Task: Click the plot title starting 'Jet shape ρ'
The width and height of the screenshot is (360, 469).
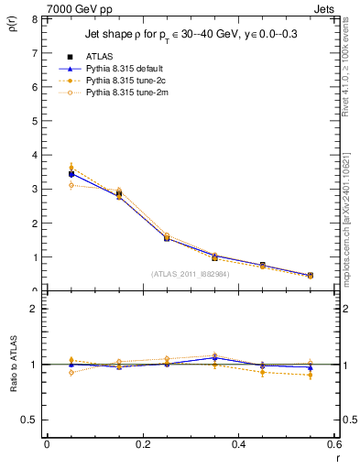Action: pyautogui.click(x=191, y=35)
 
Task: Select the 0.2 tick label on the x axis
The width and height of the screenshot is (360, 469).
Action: pyautogui.click(x=142, y=444)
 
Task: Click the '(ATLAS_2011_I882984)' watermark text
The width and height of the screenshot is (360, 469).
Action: pyautogui.click(x=190, y=273)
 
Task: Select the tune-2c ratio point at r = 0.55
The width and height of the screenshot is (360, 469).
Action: pyautogui.click(x=311, y=375)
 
